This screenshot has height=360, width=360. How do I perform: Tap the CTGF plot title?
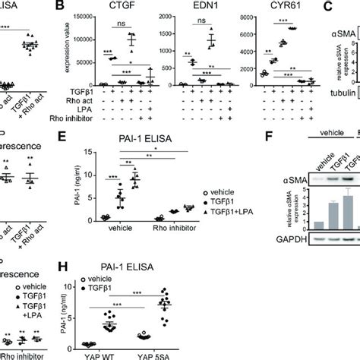109,8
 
